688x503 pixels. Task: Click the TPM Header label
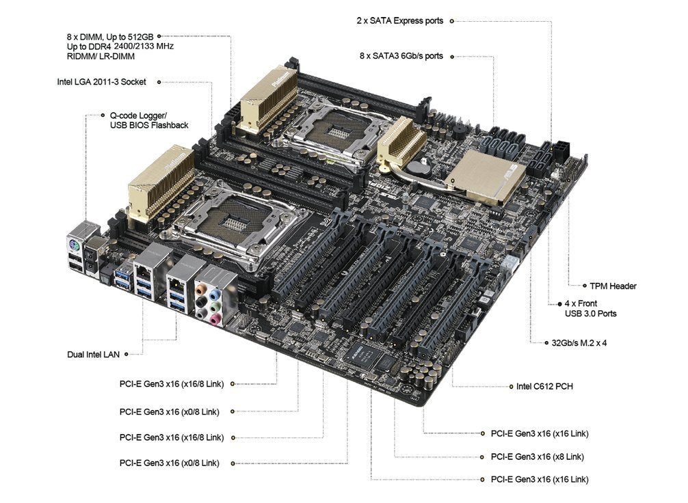tap(613, 286)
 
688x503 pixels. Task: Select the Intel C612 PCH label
tap(544, 386)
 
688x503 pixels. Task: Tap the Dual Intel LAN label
tap(93, 354)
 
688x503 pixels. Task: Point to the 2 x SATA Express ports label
tap(399, 21)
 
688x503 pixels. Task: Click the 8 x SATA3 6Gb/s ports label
tap(401, 55)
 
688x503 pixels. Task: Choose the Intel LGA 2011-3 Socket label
tap(101, 81)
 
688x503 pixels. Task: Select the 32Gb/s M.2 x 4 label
tap(579, 343)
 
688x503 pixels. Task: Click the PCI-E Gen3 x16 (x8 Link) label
tap(538, 457)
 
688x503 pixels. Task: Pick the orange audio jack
tap(200, 290)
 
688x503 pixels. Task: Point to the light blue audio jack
tap(213, 293)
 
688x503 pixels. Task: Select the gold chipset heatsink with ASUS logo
tap(487, 176)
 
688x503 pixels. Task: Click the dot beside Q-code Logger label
tap(103, 115)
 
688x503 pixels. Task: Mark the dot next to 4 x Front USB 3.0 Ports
tap(559, 304)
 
